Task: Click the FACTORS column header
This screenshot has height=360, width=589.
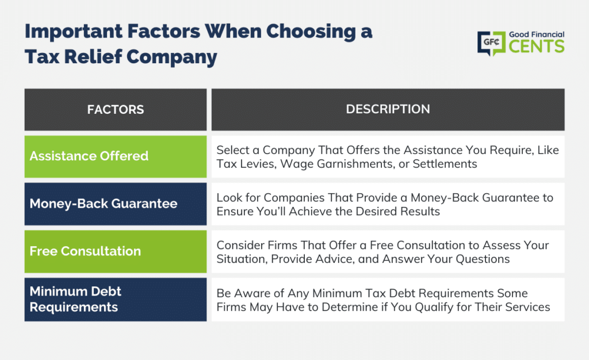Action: coord(115,110)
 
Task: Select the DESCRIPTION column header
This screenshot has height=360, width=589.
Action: coord(388,109)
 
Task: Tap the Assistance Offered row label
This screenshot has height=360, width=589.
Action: coord(89,156)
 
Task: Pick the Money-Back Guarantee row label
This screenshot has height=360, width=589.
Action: coord(104,204)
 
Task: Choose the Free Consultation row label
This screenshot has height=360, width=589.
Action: coord(85,251)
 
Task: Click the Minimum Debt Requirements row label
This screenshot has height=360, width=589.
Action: coord(75,299)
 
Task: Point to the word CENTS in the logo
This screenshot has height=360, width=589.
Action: coord(537,47)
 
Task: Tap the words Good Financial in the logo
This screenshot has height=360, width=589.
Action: coord(537,35)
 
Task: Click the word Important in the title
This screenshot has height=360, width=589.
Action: coord(74,32)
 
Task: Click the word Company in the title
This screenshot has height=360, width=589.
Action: coord(171,58)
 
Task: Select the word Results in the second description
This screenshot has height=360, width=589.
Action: coord(420,212)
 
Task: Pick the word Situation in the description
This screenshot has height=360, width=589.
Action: coord(242,259)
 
